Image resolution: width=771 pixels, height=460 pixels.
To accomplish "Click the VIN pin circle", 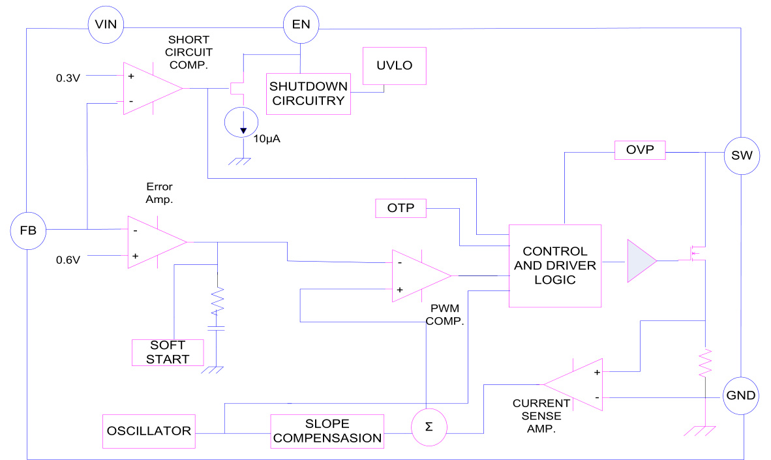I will pos(106,25).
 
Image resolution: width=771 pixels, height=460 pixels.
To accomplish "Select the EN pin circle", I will pos(301,25).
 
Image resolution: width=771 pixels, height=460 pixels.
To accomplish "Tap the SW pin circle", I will pos(742,157).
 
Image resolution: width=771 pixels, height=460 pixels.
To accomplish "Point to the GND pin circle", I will pos(742,395).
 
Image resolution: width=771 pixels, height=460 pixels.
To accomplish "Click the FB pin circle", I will pos(28,230).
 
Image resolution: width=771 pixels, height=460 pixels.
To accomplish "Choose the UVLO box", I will pos(395,67).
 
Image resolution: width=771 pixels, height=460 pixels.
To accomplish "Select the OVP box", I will pos(640,151).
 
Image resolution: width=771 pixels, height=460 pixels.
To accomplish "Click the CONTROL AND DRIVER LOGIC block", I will pos(554,266).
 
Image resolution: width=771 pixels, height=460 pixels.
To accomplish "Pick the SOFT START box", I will pos(168,352).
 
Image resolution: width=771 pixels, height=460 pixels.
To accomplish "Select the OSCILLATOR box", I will pos(150,431).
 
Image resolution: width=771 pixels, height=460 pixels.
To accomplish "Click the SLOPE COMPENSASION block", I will pos(327,431).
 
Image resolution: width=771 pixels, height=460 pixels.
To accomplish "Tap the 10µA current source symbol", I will pos(242,122).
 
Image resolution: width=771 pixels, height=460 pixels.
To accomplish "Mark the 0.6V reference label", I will pos(68,259).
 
